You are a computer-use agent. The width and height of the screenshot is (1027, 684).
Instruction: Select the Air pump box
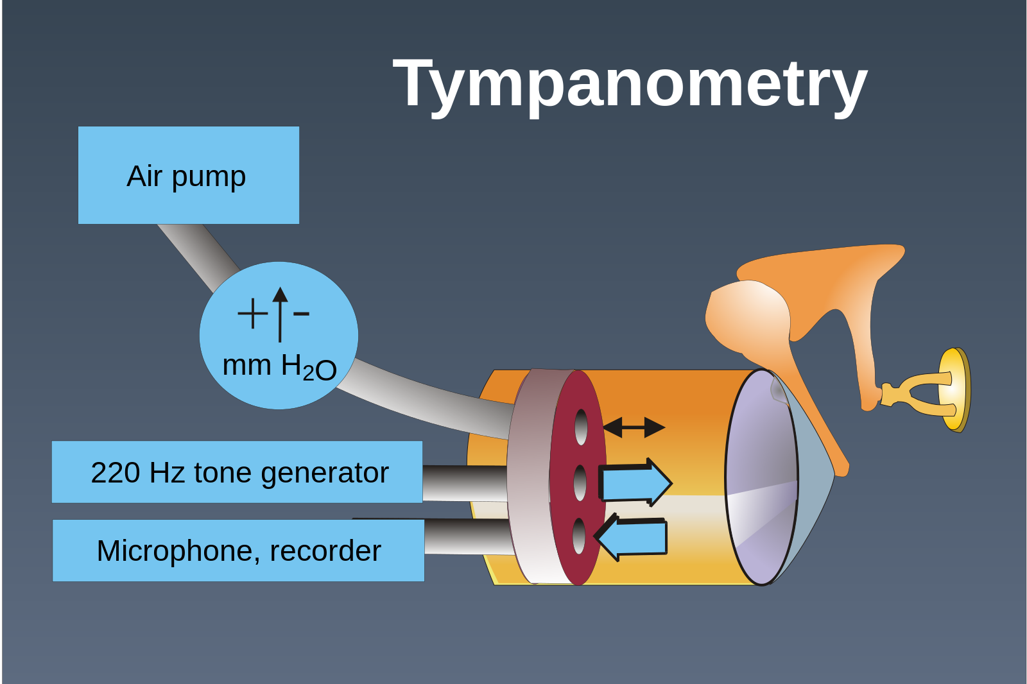click(188, 175)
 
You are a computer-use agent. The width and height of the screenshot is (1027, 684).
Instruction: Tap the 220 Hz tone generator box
click(237, 472)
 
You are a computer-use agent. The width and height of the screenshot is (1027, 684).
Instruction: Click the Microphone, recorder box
click(238, 551)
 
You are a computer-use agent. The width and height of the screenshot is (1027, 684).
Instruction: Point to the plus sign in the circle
click(252, 314)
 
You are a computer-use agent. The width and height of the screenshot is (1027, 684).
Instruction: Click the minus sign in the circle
click(301, 313)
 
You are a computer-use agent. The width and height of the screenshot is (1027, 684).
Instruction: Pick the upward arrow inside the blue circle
click(280, 313)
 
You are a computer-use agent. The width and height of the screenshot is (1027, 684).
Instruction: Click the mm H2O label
click(279, 366)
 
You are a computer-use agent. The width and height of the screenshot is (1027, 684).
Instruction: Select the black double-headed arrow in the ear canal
click(634, 427)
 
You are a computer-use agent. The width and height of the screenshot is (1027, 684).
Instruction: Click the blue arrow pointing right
click(634, 483)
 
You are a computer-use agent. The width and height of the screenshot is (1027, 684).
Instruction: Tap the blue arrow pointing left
click(632, 537)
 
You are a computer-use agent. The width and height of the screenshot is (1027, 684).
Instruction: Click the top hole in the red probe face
click(581, 427)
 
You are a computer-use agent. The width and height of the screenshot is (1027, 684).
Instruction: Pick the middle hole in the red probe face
click(580, 483)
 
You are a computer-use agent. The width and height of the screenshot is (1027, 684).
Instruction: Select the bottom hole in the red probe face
click(578, 536)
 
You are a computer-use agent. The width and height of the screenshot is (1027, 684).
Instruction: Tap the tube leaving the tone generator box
click(463, 483)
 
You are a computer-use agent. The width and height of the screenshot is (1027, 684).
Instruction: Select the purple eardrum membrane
click(761, 478)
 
